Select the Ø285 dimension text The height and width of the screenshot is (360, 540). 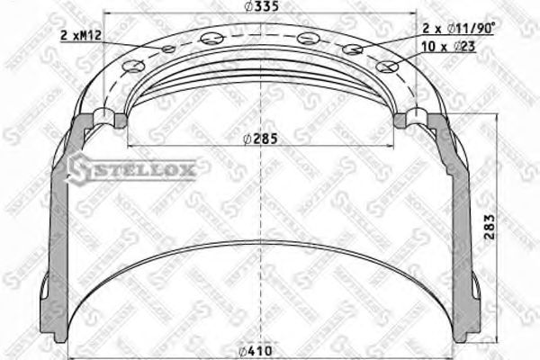coord(259,139)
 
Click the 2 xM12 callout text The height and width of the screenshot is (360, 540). coord(81,34)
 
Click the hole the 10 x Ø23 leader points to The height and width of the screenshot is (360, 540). coord(388,66)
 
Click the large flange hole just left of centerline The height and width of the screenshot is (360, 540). coord(211,38)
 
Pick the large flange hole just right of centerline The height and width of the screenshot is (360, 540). coord(308,38)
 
